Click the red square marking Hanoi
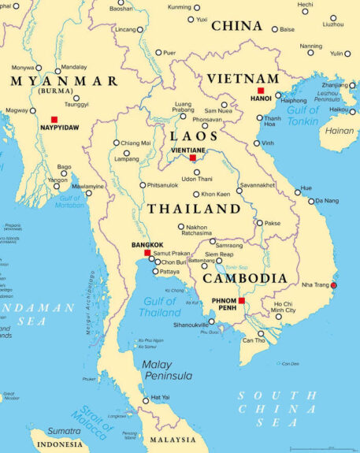click(x=261, y=91)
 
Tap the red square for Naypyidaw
click(x=54, y=119)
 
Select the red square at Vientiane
click(x=193, y=158)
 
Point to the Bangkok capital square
click(x=158, y=253)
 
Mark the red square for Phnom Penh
click(x=242, y=300)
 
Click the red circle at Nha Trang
click(x=333, y=285)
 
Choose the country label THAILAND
click(x=194, y=209)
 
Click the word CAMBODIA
click(x=244, y=278)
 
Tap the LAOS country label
click(x=190, y=136)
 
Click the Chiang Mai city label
click(x=135, y=143)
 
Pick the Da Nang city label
click(x=327, y=201)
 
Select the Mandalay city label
click(x=74, y=68)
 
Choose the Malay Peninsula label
click(x=167, y=370)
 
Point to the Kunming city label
click(x=180, y=7)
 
